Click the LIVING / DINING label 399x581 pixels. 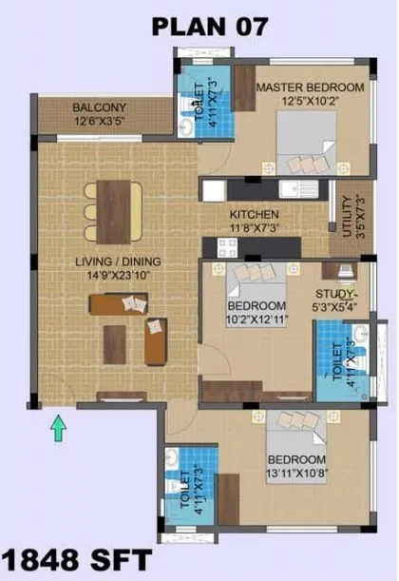[119, 261]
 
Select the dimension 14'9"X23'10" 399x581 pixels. [119, 275]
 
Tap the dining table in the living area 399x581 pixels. [118, 210]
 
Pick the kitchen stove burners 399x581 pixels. [227, 247]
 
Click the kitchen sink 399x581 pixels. [309, 188]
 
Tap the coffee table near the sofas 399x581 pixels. [116, 344]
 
